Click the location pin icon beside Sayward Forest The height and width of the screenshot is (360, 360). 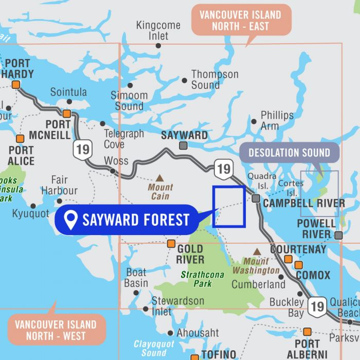click(x=71, y=220)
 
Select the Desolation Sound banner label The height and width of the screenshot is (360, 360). click(x=289, y=153)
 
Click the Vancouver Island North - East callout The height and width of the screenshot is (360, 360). click(x=241, y=20)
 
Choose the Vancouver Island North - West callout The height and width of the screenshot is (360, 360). click(x=56, y=330)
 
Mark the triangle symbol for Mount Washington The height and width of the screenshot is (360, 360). click(x=256, y=251)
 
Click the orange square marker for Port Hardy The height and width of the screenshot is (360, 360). click(x=16, y=85)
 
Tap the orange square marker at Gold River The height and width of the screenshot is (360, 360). click(x=171, y=243)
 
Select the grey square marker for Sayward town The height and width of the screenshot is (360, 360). click(x=183, y=146)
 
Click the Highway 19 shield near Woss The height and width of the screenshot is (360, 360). click(x=82, y=150)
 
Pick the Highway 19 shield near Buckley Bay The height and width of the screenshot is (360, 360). click(x=318, y=307)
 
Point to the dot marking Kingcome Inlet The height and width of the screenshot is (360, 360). click(x=158, y=46)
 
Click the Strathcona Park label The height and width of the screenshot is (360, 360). click(x=202, y=279)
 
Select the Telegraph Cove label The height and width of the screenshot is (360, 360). click(x=124, y=139)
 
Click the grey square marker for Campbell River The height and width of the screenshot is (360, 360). click(x=256, y=198)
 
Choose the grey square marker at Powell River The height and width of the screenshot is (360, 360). click(x=338, y=235)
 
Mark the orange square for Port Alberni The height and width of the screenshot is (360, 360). click(x=307, y=332)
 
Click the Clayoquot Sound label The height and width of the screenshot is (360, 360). click(x=154, y=348)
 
